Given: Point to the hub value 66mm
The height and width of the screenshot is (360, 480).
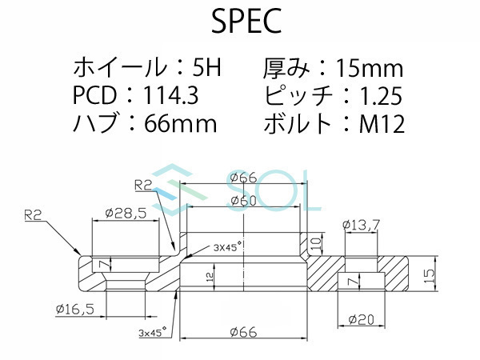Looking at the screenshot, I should click(x=181, y=124).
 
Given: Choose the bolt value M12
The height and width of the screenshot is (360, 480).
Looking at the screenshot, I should click(x=380, y=124).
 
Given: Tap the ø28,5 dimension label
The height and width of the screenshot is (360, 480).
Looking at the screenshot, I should click(x=124, y=214).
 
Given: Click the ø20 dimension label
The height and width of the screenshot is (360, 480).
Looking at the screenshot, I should click(x=362, y=319).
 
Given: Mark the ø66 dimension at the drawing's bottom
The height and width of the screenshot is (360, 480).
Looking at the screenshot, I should click(x=242, y=332).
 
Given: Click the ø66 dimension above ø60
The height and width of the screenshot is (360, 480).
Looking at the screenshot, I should click(x=242, y=178).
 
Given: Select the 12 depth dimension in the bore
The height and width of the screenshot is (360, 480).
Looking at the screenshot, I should click(x=210, y=276).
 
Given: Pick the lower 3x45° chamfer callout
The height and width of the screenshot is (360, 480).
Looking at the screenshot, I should click(x=152, y=330).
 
